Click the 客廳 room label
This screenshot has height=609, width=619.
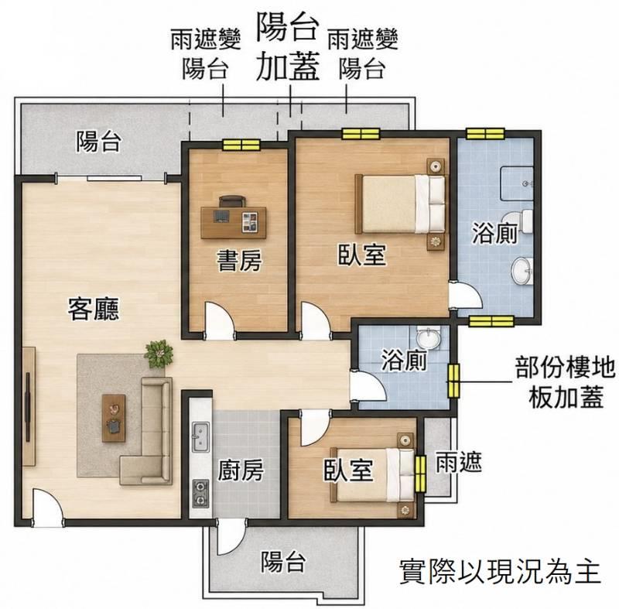point(94,309)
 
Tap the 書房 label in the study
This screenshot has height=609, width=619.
point(239,261)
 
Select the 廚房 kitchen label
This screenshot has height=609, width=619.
point(241,470)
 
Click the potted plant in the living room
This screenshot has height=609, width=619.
point(159,353)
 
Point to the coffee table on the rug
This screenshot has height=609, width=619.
point(114,418)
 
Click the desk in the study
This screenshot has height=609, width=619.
point(234,222)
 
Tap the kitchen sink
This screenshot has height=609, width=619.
point(200,436)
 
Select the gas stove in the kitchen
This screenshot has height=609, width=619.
point(200,494)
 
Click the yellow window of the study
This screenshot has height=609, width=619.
point(241,145)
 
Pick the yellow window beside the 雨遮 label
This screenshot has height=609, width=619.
point(421,474)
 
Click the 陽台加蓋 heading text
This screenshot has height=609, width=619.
point(287,46)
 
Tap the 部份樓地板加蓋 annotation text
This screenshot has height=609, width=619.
point(566,382)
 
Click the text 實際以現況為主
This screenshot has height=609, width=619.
point(500,571)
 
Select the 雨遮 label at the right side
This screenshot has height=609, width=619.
point(459,461)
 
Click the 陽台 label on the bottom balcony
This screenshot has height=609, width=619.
point(283,561)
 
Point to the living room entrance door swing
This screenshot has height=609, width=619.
point(47,507)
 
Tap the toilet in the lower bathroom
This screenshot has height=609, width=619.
point(429,337)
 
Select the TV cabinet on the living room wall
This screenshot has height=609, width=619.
point(29,406)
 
